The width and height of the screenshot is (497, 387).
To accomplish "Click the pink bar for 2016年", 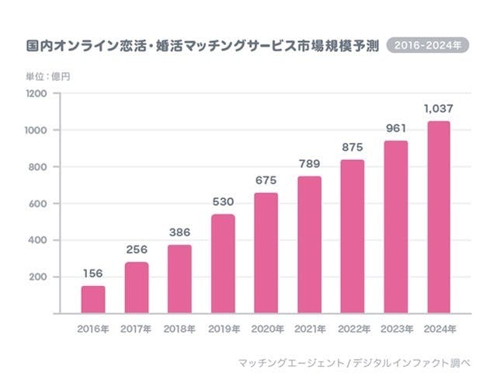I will tap(94, 300).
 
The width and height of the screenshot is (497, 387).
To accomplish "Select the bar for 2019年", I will tap(222, 264).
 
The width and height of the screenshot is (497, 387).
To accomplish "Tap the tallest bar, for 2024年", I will tap(439, 218).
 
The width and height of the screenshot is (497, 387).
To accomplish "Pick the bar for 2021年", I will tap(309, 245).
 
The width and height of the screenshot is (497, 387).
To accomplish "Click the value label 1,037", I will tap(439, 108).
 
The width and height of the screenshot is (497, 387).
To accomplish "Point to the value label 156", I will tap(94, 273).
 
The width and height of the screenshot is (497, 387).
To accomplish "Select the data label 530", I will tap(222, 201).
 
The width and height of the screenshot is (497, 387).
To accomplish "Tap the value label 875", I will tap(352, 147).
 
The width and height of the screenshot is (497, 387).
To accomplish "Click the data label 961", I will tap(395, 127).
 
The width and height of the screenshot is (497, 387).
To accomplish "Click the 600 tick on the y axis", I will tap(39, 204).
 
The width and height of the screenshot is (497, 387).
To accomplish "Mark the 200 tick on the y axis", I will tap(39, 277).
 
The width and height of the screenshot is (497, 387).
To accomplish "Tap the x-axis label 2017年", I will tap(137, 329).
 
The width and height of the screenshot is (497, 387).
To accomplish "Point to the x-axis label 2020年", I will tap(266, 329).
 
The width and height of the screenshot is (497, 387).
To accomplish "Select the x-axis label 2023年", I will tap(395, 329).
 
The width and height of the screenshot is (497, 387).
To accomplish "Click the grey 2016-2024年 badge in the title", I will tap(428, 46).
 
